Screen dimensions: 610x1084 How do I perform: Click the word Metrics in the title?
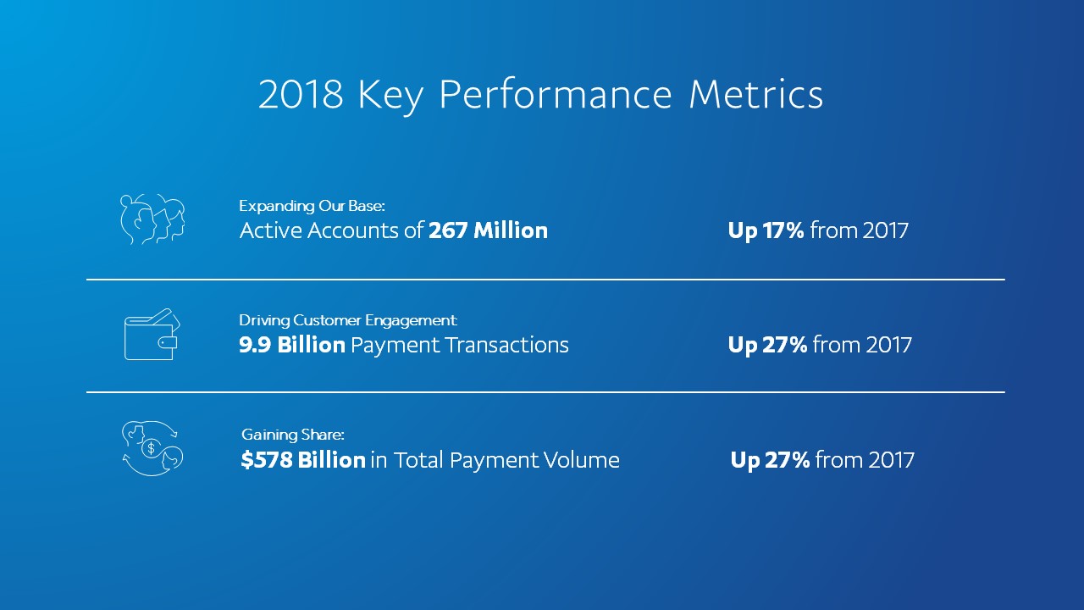tap(755, 95)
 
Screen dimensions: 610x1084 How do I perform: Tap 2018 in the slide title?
tap(301, 95)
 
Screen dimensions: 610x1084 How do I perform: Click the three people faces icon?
tap(152, 219)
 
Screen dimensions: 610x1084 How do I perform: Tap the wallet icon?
tap(152, 335)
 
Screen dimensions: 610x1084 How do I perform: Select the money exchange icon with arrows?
tap(152, 448)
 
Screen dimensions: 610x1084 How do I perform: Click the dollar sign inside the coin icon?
tap(151, 448)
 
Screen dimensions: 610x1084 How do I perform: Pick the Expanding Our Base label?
tap(312, 206)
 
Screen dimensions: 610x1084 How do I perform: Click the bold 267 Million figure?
tap(488, 230)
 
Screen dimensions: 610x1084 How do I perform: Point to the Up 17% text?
tap(766, 230)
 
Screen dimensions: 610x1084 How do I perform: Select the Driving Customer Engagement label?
tap(347, 320)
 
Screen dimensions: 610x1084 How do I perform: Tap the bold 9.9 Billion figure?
tap(292, 345)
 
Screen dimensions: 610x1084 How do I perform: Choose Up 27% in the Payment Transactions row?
tap(767, 345)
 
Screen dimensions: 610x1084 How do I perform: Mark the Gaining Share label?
tap(292, 435)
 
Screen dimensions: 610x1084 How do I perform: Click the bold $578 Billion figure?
tap(303, 460)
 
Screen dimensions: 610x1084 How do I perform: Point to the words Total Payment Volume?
tap(506, 460)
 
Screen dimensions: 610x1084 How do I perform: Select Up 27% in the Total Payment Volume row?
tap(770, 460)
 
